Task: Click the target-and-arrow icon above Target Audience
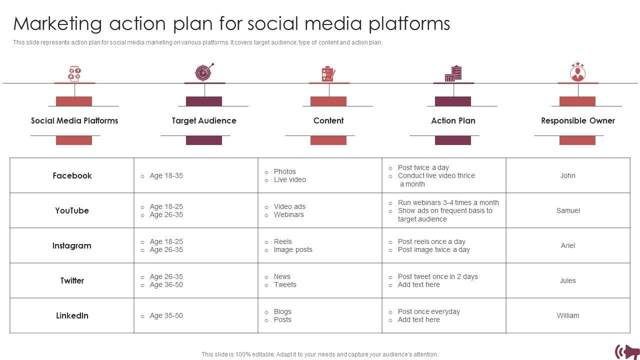204,72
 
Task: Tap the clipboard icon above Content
328,73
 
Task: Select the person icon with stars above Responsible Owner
578,72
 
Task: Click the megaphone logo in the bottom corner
627,351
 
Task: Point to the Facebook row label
72,175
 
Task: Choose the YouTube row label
72,210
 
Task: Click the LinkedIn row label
72,315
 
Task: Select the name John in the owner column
567,175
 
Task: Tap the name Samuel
568,210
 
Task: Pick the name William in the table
567,315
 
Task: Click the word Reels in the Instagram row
283,241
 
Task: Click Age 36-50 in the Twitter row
166,284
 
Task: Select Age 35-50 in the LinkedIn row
166,315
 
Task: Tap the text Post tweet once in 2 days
437,276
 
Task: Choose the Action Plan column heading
453,120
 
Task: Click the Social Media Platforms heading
74,120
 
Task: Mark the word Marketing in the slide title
57,23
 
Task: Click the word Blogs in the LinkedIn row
282,311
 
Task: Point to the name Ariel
567,245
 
